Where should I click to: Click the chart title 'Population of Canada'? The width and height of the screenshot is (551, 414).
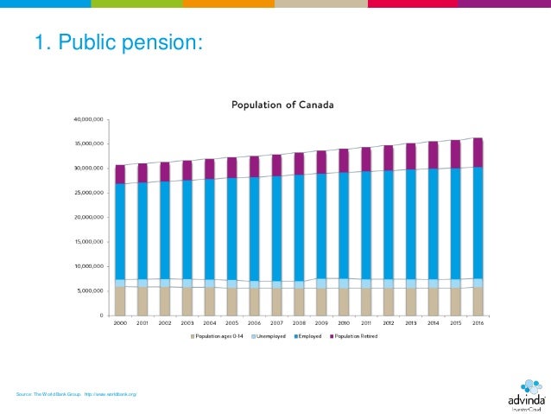pyautogui.click(x=282, y=105)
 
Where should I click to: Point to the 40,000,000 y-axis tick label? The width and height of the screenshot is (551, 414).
pyautogui.click(x=89, y=118)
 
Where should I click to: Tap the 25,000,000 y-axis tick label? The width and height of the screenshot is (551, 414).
pyautogui.click(x=89, y=193)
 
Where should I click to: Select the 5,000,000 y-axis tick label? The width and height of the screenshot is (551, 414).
pyautogui.click(x=91, y=291)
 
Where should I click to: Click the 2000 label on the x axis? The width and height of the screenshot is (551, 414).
pyautogui.click(x=120, y=322)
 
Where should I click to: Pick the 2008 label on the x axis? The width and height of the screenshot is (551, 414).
pyautogui.click(x=299, y=322)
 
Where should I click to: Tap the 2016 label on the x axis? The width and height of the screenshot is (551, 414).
pyautogui.click(x=478, y=322)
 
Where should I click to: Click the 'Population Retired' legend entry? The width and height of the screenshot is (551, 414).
pyautogui.click(x=355, y=336)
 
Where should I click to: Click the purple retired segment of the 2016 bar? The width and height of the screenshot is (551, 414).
pyautogui.click(x=478, y=152)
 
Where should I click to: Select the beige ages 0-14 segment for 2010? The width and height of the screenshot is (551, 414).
pyautogui.click(x=344, y=301)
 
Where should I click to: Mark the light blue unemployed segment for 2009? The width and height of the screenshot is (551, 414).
pyautogui.click(x=321, y=283)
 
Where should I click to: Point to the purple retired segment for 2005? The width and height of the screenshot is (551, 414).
pyautogui.click(x=232, y=168)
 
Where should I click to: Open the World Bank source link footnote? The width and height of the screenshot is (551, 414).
pyautogui.click(x=76, y=394)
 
